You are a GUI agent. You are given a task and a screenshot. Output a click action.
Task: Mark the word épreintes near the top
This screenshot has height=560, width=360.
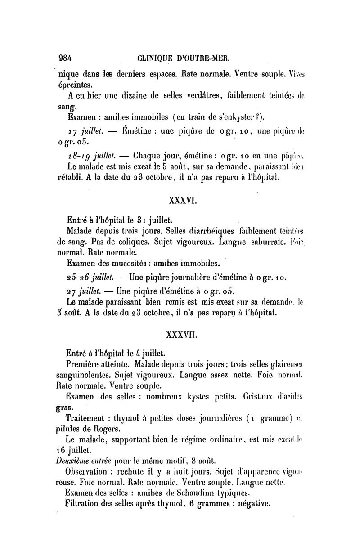click(x=75, y=85)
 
